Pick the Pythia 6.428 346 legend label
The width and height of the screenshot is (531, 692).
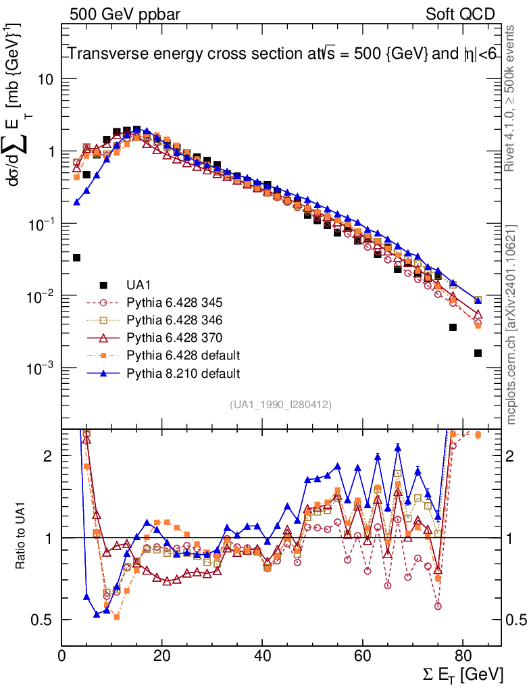[174, 319]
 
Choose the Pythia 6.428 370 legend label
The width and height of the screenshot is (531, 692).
[174, 337]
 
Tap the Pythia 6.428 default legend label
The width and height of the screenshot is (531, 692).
[183, 355]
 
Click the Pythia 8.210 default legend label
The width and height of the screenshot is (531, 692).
[183, 372]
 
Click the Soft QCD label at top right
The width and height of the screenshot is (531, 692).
[460, 14]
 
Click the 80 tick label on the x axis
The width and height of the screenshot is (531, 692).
[462, 656]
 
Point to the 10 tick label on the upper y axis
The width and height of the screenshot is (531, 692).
[45, 79]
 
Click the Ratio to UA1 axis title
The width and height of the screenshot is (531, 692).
[22, 537]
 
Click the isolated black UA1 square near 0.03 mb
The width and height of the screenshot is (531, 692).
[76, 257]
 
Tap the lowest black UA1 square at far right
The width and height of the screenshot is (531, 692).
[478, 353]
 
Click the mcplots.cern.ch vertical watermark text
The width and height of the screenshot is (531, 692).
[511, 324]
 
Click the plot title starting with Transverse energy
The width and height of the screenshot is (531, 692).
[282, 55]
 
